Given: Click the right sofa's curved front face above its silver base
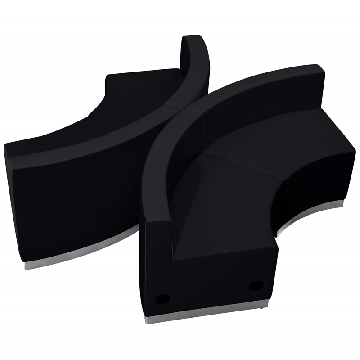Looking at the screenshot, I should (315, 184).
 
